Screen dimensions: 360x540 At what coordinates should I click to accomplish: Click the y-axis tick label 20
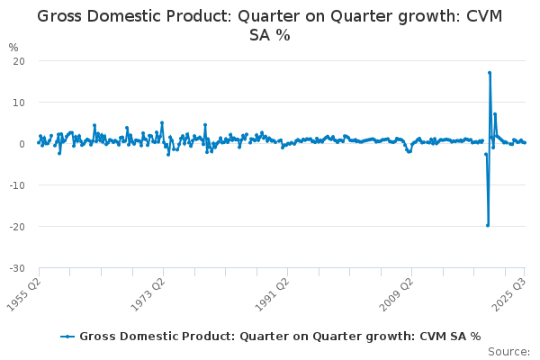tap(18, 60)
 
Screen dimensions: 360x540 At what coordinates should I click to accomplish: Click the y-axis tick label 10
tap(18, 102)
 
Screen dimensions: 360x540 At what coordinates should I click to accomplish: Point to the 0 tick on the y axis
tap(21, 143)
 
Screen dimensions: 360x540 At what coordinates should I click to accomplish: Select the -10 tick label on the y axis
tap(16, 184)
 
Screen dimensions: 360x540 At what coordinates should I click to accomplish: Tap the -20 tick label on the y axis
tap(16, 226)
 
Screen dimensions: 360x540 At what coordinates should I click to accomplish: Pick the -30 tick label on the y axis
tap(16, 267)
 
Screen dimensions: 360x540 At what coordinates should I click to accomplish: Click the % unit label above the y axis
tap(13, 47)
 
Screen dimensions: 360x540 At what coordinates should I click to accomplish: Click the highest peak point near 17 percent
tap(489, 73)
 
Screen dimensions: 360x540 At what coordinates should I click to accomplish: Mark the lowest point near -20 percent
tap(487, 225)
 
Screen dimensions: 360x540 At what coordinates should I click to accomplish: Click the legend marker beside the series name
tap(67, 336)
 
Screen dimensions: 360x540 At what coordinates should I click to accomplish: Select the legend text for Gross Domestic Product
tap(280, 336)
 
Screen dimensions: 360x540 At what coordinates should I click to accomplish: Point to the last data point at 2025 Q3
tap(525, 142)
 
